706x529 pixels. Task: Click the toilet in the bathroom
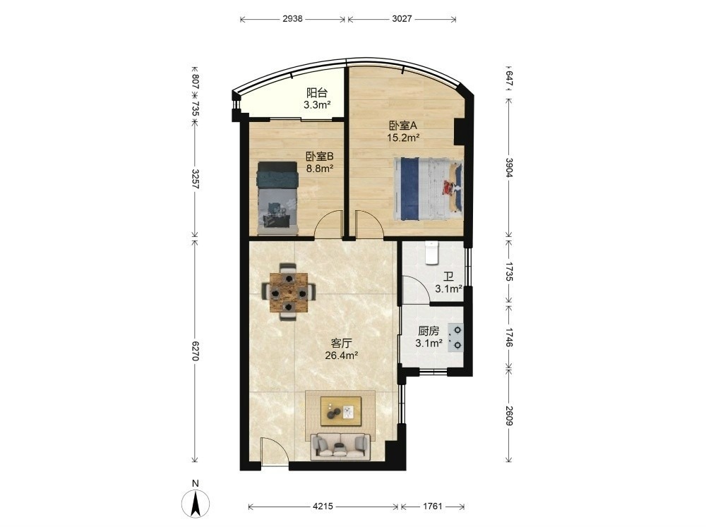pyautogui.click(x=431, y=253)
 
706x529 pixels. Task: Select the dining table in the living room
pyautogui.click(x=289, y=293)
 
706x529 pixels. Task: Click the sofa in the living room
pyautogui.click(x=340, y=446)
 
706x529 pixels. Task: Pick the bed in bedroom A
pyautogui.click(x=429, y=189)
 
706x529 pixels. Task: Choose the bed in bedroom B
pyautogui.click(x=277, y=198)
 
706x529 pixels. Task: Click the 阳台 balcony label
pyautogui.click(x=317, y=93)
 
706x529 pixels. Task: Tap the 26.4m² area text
pyautogui.click(x=341, y=355)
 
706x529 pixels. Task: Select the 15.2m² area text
pyautogui.click(x=403, y=138)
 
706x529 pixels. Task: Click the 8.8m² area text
pyautogui.click(x=319, y=169)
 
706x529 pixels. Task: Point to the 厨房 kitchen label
pyautogui.click(x=429, y=332)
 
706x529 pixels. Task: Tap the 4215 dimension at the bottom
pyautogui.click(x=323, y=506)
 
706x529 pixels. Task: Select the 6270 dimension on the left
pyautogui.click(x=195, y=350)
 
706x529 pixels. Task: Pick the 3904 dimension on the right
pyautogui.click(x=509, y=167)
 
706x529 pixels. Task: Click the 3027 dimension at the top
pyautogui.click(x=402, y=19)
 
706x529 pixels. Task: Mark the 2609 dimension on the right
pyautogui.click(x=509, y=416)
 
